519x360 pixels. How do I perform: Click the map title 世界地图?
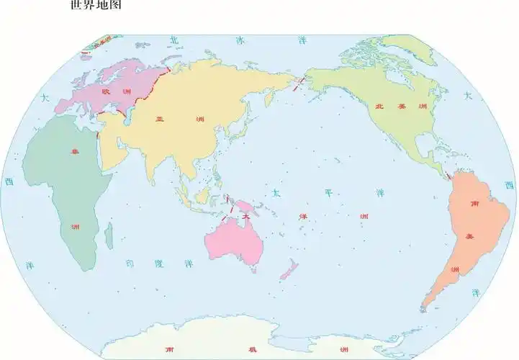click(96, 6)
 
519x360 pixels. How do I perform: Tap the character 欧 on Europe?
click(106, 92)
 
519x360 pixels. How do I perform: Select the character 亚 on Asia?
click(160, 120)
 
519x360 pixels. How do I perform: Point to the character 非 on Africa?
click(73, 152)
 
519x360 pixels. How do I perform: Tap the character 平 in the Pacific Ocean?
click(328, 193)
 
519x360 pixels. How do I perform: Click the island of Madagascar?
click(109, 235)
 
